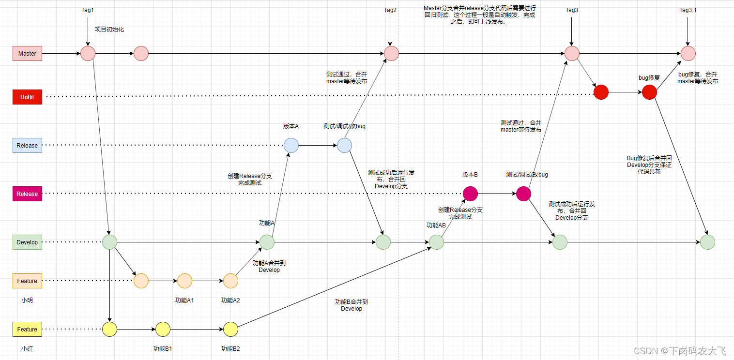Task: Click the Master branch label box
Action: pos(27,53)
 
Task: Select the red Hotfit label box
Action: pos(27,97)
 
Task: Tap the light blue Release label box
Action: pos(27,145)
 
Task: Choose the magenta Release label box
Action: pos(27,194)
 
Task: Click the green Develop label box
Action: pos(27,242)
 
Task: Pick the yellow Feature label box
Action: pos(27,329)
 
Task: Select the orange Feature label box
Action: pos(27,281)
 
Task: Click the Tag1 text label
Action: pos(88,10)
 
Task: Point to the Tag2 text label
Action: pos(390,10)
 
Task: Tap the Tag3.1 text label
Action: pos(688,10)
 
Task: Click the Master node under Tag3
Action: pos(572,53)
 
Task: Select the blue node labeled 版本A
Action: pos(291,145)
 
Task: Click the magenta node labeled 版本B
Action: pos(470,194)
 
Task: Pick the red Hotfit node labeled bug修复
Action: pos(649,92)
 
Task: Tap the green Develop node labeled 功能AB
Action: pos(436,242)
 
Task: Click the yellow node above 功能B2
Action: pos(230,329)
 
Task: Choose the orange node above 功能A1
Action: pos(184,281)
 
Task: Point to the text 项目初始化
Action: pos(109,30)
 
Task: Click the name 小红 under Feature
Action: pos(27,348)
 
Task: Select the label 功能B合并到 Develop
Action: pos(352,305)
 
